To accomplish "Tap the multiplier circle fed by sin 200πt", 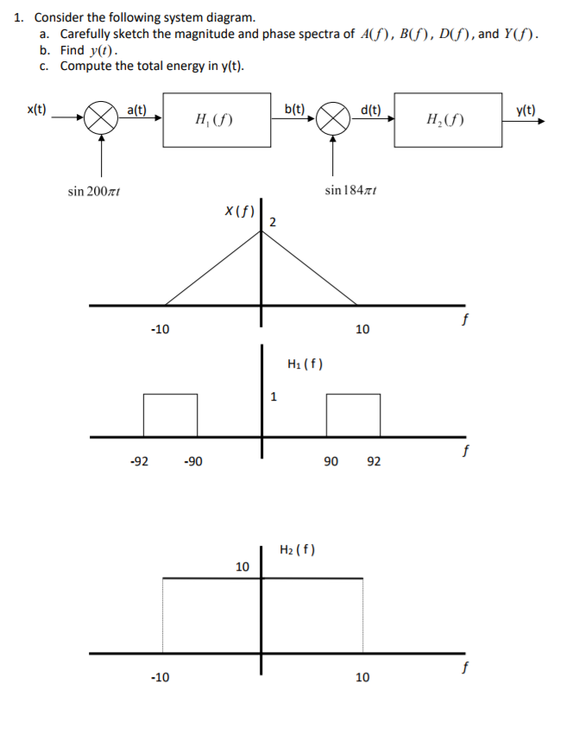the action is click(101, 117).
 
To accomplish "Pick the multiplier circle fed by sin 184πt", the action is click(333, 118).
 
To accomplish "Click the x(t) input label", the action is click(36, 110).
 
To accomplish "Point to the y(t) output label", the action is click(526, 111).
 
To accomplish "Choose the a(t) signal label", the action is click(137, 110).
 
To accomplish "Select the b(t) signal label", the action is click(294, 109).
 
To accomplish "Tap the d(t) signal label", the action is click(371, 110).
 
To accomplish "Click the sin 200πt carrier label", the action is click(94, 192).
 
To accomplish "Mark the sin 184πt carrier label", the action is click(351, 190).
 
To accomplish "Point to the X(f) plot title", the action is click(240, 212).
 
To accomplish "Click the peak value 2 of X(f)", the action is click(273, 222).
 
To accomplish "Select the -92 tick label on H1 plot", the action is click(140, 461).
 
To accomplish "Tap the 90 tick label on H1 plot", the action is click(330, 461).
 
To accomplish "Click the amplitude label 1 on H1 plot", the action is click(274, 397).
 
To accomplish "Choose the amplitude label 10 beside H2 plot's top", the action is click(242, 566).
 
